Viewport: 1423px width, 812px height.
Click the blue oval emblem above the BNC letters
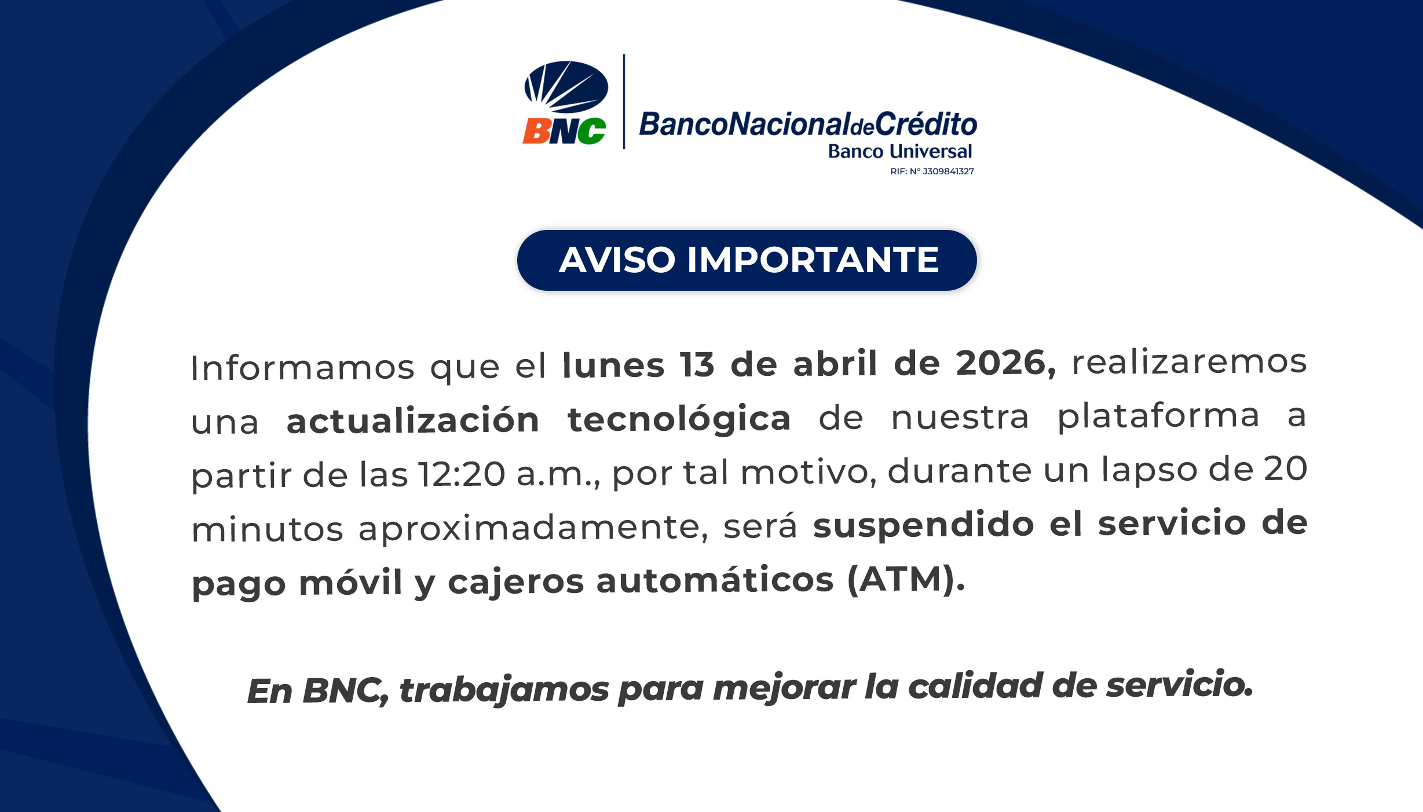tap(566, 87)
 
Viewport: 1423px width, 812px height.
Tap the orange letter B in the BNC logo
tap(537, 131)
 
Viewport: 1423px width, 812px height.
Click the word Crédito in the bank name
tap(926, 123)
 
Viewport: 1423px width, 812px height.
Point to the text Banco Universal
tap(900, 151)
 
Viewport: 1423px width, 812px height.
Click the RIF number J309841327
tap(948, 171)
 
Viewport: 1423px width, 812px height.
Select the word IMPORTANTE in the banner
tap(813, 259)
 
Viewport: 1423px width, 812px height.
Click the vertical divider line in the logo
tap(624, 101)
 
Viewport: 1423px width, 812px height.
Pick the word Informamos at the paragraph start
tap(302, 367)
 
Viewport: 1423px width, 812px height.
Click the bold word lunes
tap(613, 365)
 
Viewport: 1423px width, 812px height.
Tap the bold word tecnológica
tap(679, 419)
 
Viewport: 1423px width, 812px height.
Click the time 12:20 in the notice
tap(462, 474)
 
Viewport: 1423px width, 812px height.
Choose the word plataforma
tap(1159, 416)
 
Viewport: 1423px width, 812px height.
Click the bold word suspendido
tap(924, 525)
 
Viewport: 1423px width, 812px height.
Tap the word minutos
tap(268, 529)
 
